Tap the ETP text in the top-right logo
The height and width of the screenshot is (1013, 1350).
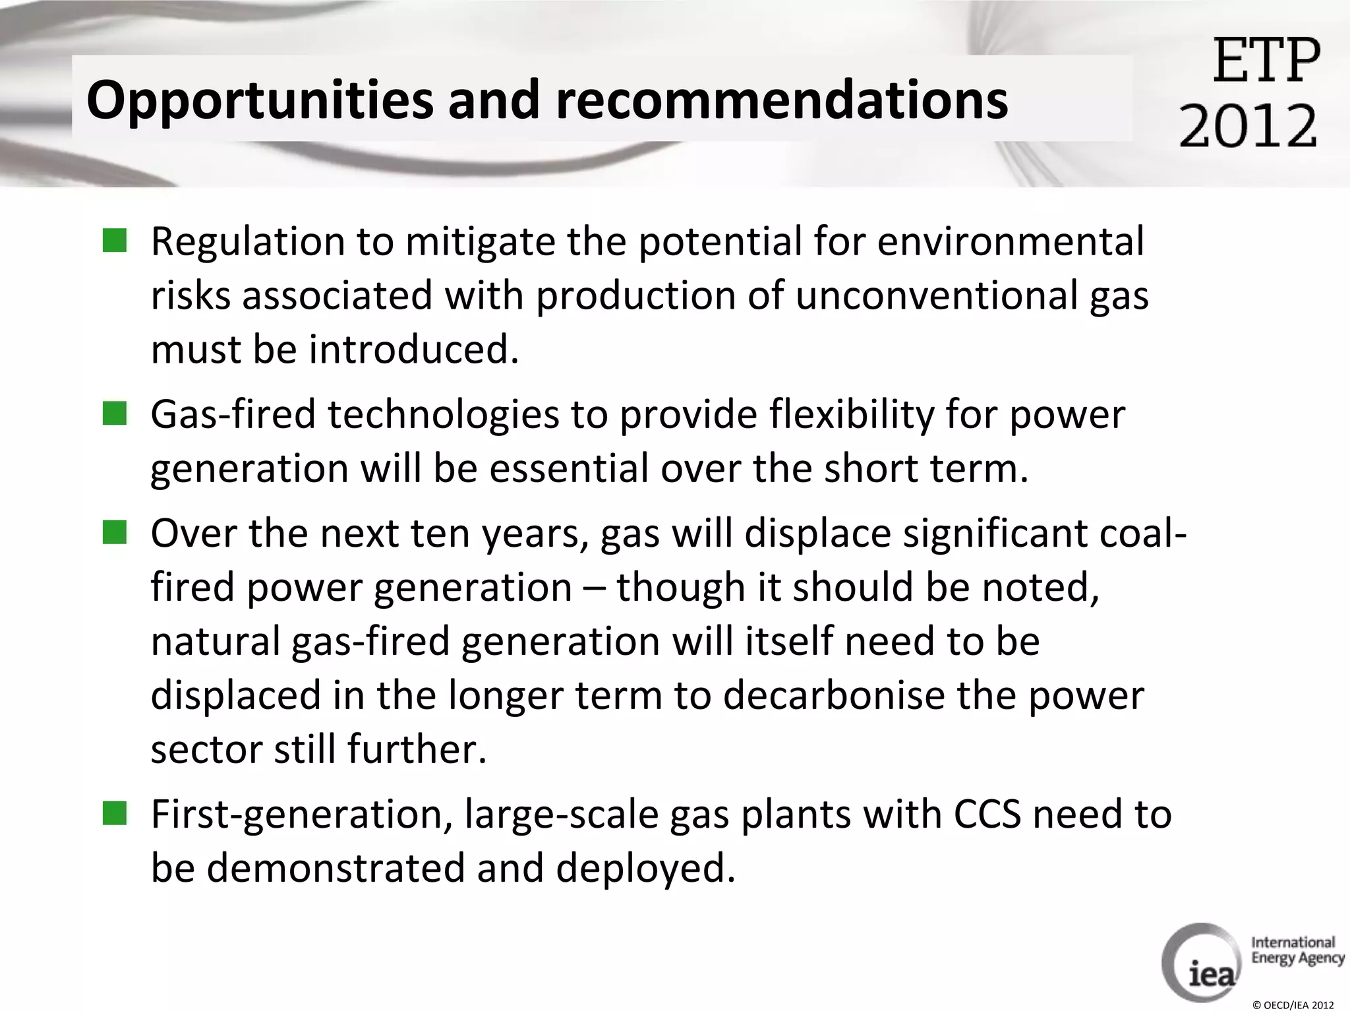[1266, 61]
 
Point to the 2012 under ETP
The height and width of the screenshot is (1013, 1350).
[1248, 125]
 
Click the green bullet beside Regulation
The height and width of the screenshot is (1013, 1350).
[115, 241]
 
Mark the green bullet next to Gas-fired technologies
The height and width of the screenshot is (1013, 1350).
[115, 415]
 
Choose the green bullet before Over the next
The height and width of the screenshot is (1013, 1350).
[115, 533]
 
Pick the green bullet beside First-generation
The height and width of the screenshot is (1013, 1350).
[115, 814]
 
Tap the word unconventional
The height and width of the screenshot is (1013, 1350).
[936, 295]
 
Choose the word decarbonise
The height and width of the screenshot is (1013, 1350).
[834, 696]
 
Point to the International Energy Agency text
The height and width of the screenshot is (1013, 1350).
[1297, 950]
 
